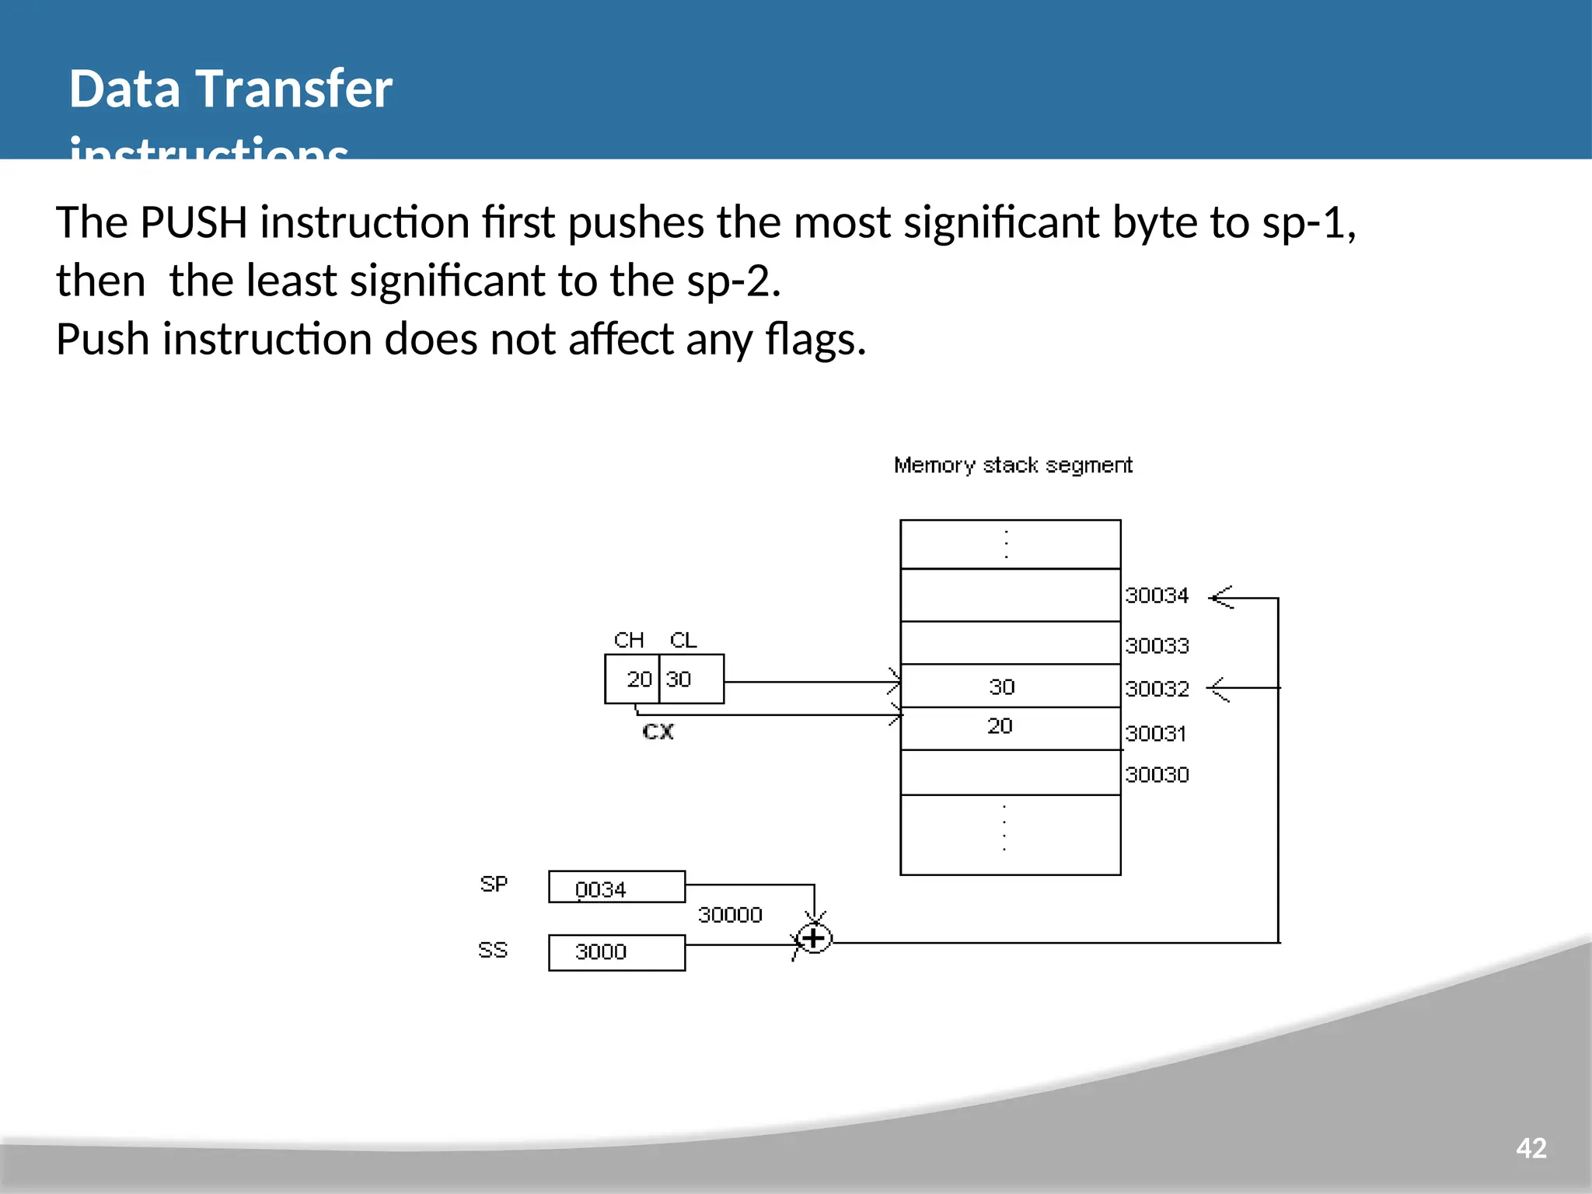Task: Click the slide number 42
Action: (1531, 1148)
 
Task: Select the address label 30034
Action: (1157, 596)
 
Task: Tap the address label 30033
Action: (1157, 646)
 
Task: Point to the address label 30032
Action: (1157, 690)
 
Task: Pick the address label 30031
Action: (1155, 734)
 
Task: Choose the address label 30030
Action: (1157, 775)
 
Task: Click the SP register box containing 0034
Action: (616, 887)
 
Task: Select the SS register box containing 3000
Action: (616, 952)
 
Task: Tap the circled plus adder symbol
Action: (814, 939)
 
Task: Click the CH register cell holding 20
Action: (633, 679)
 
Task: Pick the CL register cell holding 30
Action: (691, 679)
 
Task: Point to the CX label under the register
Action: (658, 732)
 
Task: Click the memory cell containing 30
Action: (1010, 686)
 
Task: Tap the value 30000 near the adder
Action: (729, 915)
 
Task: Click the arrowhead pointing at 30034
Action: (1221, 598)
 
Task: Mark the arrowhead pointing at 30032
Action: (1219, 689)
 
